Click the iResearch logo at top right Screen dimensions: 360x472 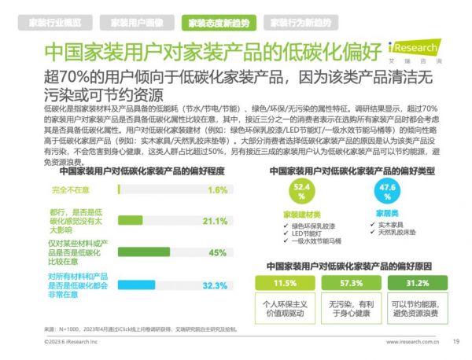[430, 50]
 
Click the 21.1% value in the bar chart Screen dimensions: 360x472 [215, 221]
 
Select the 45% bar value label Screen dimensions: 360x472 [218, 252]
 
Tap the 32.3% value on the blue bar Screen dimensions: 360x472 [215, 285]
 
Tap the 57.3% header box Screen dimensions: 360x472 [352, 283]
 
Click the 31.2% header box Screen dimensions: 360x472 [416, 283]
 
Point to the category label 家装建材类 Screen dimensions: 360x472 [301, 214]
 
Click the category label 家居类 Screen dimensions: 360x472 [381, 214]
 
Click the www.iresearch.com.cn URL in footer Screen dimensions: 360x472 [408, 341]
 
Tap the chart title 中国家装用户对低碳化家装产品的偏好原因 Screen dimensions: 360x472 [351, 266]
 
